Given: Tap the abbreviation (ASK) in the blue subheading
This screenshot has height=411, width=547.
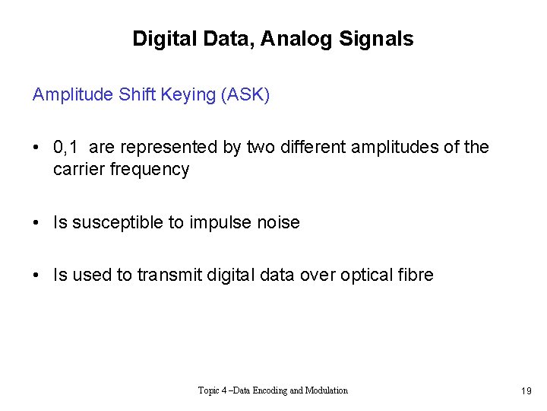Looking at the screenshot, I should coord(246,95).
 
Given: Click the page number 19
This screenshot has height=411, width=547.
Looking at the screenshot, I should coord(526,391).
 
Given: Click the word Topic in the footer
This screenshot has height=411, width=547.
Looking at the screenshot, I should coord(210,390).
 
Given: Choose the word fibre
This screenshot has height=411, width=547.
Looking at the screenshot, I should coord(416,276).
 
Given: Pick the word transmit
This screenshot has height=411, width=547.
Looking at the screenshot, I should coord(169,276).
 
